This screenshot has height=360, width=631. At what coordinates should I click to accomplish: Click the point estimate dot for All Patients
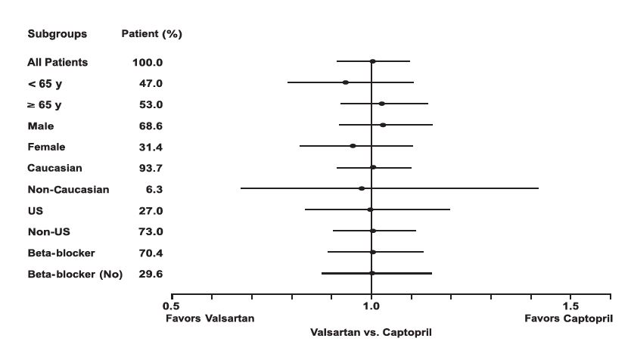[372, 61]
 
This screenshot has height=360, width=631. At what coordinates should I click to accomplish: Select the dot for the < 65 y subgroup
[346, 82]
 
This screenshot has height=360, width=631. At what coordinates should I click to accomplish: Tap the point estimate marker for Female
[353, 146]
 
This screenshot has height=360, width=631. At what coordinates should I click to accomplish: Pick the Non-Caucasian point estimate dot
[362, 188]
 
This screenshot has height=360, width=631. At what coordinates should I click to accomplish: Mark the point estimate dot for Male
[384, 125]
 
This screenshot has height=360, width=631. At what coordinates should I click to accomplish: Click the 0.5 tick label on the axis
[172, 307]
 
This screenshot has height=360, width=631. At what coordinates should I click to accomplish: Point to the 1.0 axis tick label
[371, 307]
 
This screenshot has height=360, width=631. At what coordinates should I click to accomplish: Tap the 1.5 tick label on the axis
[571, 307]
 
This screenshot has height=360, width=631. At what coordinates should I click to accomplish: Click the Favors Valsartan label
[210, 318]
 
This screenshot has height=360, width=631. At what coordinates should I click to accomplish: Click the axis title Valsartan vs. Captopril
[371, 332]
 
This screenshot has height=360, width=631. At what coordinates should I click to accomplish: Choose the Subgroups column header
[57, 34]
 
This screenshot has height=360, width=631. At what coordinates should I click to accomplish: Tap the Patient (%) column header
[151, 34]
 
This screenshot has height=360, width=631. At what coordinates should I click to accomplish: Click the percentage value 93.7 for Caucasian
[148, 168]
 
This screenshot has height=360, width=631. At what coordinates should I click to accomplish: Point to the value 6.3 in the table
[151, 189]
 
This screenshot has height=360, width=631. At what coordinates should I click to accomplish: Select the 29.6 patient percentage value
[150, 274]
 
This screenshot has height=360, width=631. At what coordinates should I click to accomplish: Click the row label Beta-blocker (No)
[75, 274]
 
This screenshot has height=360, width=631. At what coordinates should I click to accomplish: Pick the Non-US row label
[48, 231]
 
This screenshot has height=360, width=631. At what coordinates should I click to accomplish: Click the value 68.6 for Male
[148, 126]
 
